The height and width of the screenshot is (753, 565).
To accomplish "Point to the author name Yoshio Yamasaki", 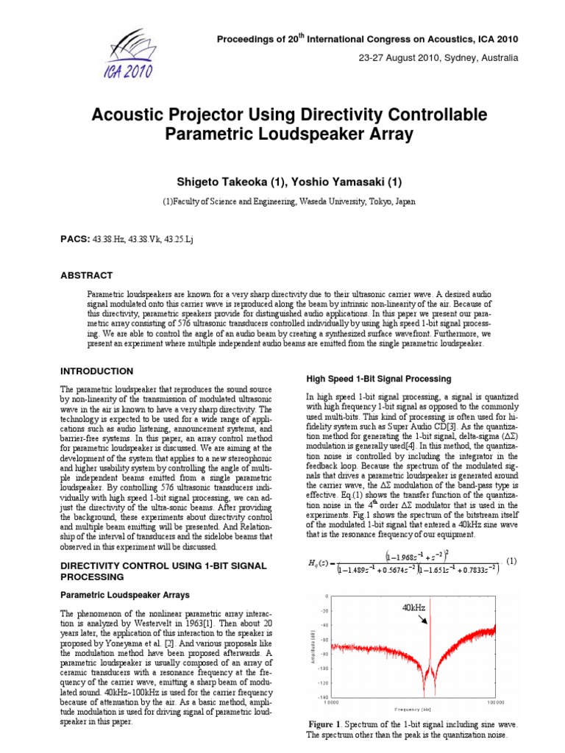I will pyautogui.click(x=338, y=182).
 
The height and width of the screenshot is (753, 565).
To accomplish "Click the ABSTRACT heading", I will pyautogui.click(x=86, y=276).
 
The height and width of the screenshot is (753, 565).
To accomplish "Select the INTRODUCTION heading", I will pyautogui.click(x=96, y=371).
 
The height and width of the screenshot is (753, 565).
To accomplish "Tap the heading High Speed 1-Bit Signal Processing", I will pyautogui.click(x=378, y=379).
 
